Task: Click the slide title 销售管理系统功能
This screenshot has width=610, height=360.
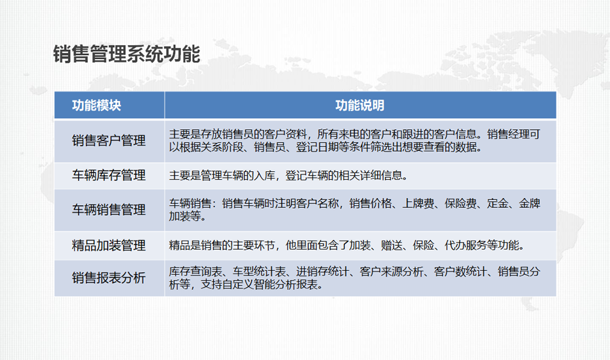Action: pos(127,54)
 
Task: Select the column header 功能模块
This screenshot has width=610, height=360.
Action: pos(96,106)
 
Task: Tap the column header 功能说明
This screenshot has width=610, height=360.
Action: pos(360,106)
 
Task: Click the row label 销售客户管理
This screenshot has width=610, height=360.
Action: pos(108,141)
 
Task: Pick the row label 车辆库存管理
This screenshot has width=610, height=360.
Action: pos(108,175)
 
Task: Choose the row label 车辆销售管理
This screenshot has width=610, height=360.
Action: pos(108,210)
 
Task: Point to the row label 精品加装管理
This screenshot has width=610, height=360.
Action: pos(108,245)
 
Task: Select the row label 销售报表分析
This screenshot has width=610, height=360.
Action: pos(108,277)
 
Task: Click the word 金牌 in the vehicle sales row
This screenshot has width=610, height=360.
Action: pos(529,203)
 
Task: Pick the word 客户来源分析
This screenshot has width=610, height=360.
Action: pos(392,271)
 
